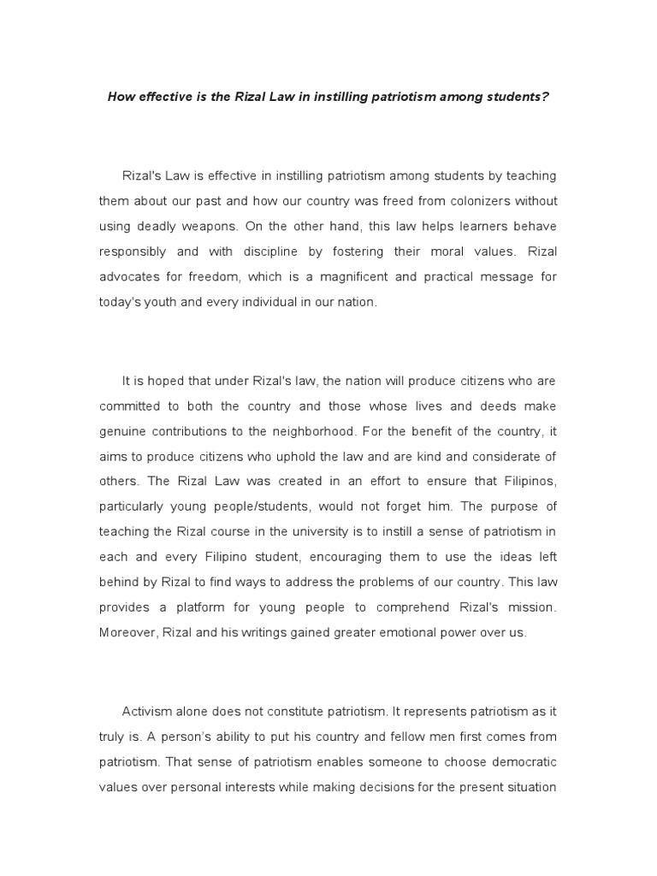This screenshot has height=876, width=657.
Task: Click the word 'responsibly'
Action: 137,252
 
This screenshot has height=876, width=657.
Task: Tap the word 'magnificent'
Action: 334,277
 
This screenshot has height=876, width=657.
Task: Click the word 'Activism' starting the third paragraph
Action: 149,711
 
